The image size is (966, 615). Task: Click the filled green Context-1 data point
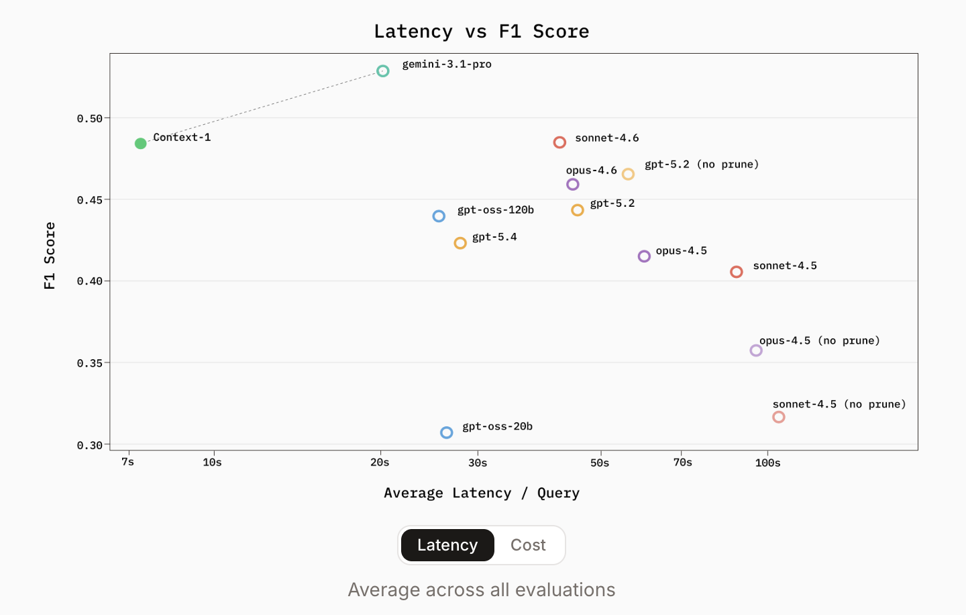[140, 144]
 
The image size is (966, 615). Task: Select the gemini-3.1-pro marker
[382, 71]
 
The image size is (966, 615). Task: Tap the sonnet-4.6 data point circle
[559, 142]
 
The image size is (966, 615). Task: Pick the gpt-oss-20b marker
[446, 433]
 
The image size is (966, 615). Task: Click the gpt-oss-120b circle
[439, 216]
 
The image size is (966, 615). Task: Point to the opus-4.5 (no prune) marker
[756, 350]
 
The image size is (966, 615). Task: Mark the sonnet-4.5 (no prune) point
[778, 417]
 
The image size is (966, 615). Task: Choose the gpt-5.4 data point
[460, 243]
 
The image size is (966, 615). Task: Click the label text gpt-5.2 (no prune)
[702, 164]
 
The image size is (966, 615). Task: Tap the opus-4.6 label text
[591, 171]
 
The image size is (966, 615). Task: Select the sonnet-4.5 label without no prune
[785, 266]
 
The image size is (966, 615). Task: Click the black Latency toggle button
[447, 545]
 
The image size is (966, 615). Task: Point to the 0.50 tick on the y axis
[90, 119]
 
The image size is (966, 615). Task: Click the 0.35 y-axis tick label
[90, 363]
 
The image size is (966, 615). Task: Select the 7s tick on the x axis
[128, 462]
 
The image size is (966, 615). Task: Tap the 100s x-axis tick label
[767, 463]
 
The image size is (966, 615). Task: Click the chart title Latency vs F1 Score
[482, 32]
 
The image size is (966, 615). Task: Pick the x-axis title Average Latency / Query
[482, 493]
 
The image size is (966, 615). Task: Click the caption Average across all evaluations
[482, 589]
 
